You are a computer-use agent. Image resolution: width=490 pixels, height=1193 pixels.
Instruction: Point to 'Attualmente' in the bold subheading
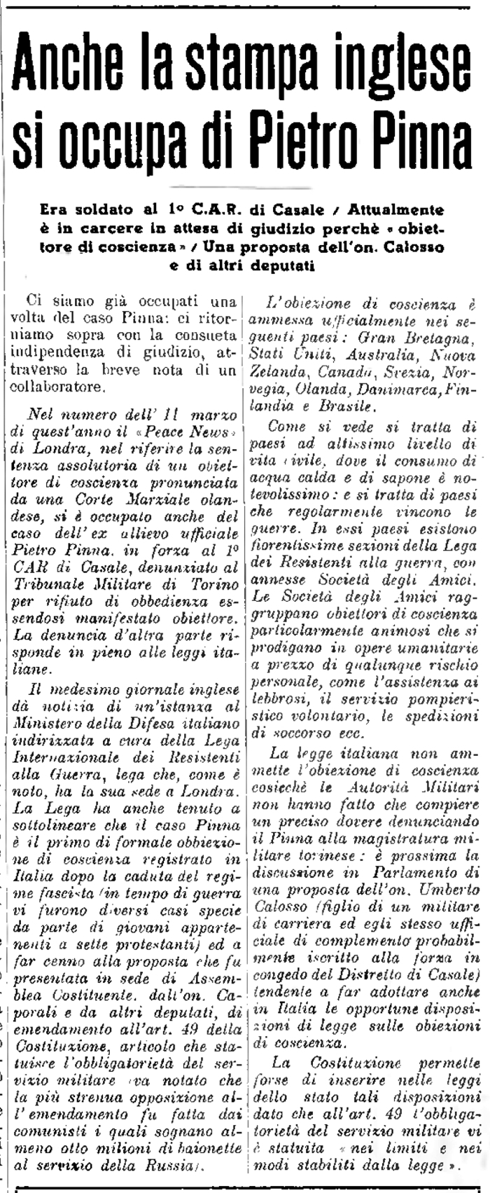pyautogui.click(x=402, y=209)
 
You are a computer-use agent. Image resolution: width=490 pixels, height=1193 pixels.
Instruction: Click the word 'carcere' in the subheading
pyautogui.click(x=148, y=228)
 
